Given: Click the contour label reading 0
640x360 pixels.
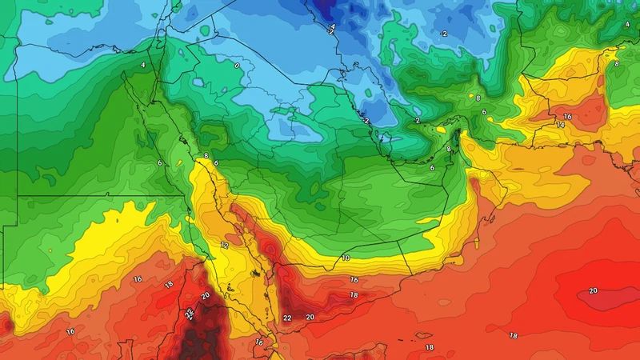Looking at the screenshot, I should coord(237,65).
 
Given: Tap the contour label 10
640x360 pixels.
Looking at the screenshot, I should coord(346,258).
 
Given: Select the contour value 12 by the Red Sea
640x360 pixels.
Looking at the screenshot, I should coord(225,245).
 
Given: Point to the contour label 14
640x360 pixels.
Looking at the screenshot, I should coord(560,126).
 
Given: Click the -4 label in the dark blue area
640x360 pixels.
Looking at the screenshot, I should coord(331,26).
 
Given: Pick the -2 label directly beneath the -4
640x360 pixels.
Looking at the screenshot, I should coord(331,34).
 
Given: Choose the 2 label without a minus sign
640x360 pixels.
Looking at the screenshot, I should coord(418,120).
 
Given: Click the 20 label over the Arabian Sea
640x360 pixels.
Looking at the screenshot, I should coord(593,290).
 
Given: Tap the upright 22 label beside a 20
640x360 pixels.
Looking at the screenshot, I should coord(287,318).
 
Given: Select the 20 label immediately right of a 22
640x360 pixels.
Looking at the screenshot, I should coord(310,318).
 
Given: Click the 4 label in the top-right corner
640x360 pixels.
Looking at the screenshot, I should coord(626,25).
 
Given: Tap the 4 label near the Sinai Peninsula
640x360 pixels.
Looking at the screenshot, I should coord(143,65).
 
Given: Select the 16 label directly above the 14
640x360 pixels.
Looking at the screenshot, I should coord(567,117).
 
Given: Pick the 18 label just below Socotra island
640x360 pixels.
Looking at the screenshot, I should coord(430,347).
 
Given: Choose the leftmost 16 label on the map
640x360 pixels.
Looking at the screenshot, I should coord(70,331).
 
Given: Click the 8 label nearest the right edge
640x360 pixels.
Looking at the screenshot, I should coord(616,62).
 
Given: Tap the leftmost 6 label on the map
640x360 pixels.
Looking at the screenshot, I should coord(160,163).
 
